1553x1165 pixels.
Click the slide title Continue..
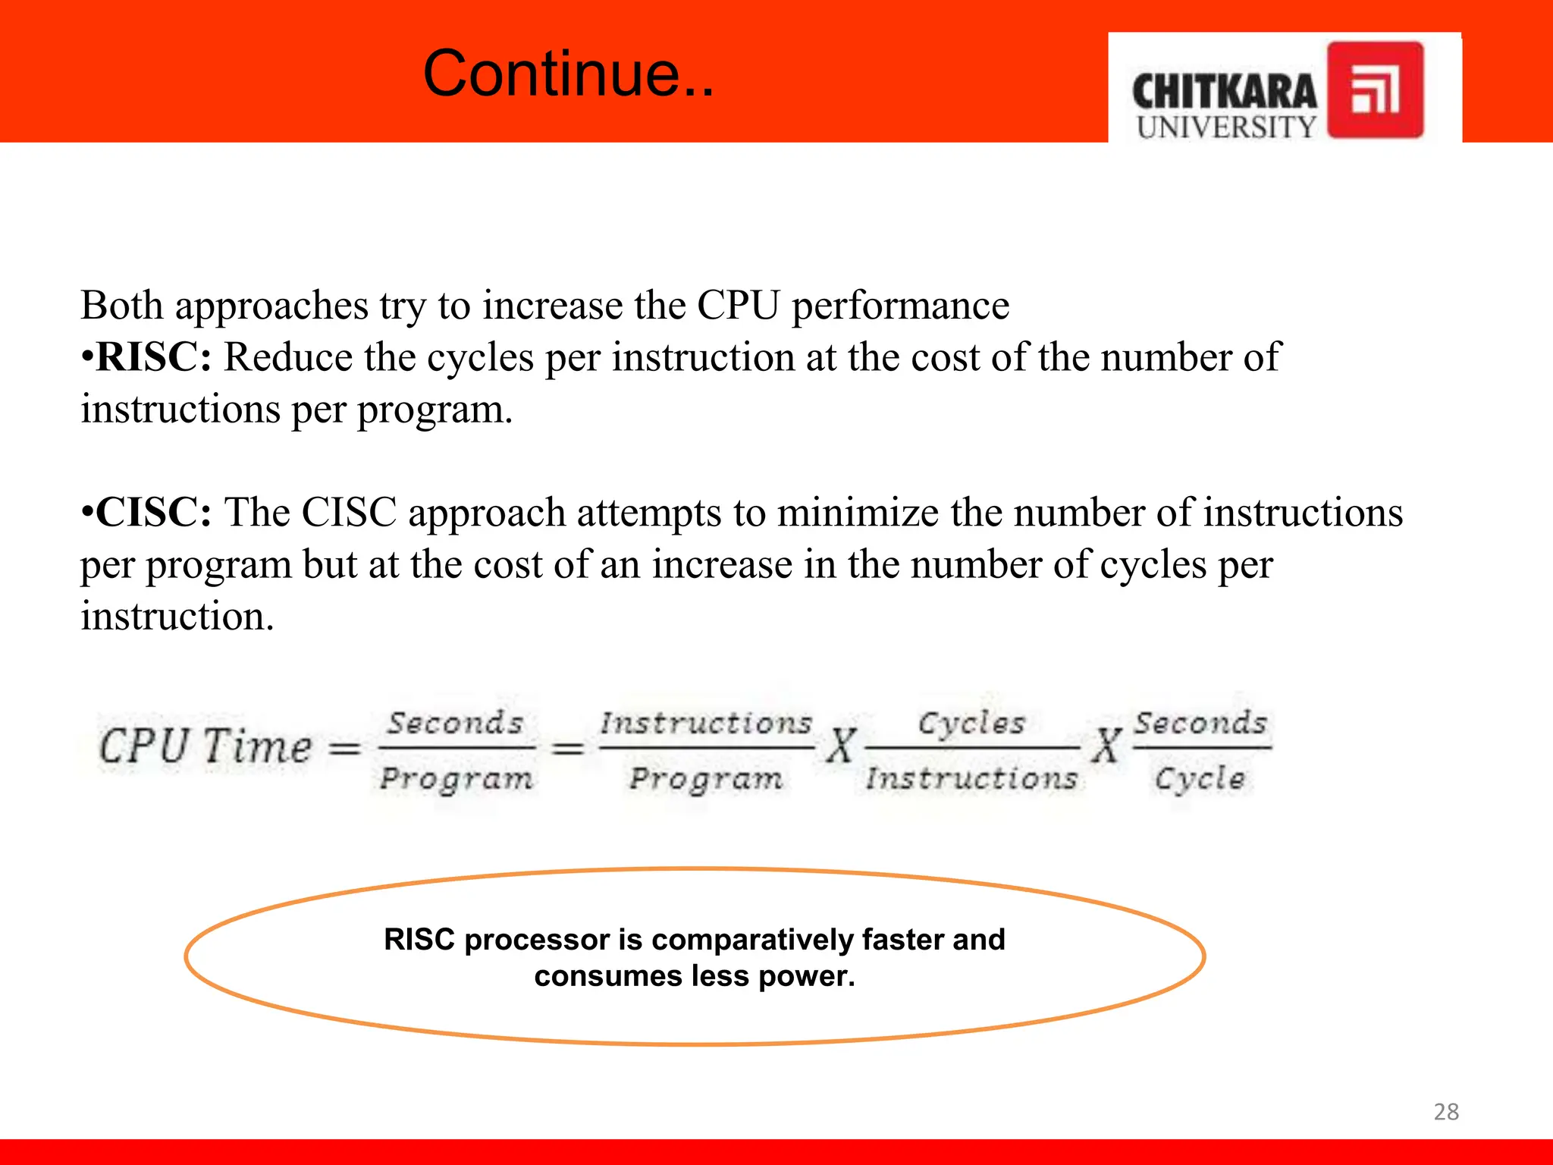(568, 74)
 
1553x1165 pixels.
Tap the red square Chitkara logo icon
(1375, 89)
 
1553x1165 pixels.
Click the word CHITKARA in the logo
(1224, 93)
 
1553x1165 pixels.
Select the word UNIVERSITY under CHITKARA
(1226, 127)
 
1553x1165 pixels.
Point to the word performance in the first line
(900, 306)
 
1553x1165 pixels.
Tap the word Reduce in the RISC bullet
(287, 357)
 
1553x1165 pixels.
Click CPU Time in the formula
(205, 746)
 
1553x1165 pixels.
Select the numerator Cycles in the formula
(971, 723)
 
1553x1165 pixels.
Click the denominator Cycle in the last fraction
(1200, 779)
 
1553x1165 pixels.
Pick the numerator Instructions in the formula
(705, 723)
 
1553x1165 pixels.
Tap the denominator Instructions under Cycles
(971, 779)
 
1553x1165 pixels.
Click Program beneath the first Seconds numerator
(456, 779)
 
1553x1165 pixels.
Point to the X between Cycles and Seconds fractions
(1106, 746)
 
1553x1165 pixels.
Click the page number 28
(1446, 1112)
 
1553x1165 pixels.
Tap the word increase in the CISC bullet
(722, 565)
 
